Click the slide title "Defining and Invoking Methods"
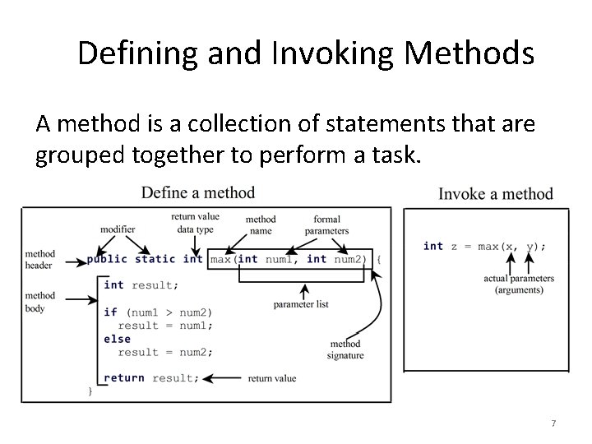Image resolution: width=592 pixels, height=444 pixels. coord(306,54)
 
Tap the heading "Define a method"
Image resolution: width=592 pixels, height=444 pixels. coord(198,192)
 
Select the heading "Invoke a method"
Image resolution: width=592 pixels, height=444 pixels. coord(496,194)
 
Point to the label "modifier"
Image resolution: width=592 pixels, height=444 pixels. coord(118,229)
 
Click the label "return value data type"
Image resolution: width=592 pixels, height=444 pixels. coord(195,223)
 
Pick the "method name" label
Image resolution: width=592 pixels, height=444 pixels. coord(261,225)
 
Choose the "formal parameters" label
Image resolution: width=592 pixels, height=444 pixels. coord(326,225)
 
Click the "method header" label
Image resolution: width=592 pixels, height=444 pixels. coord(40,259)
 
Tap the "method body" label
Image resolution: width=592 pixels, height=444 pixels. coord(40,302)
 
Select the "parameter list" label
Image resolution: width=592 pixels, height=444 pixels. coord(301,304)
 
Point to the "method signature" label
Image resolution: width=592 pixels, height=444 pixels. coord(345,349)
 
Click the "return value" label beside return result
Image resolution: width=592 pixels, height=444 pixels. coord(272,378)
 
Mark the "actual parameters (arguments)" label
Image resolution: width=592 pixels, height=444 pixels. coord(519,284)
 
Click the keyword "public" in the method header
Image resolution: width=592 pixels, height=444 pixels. coord(107,259)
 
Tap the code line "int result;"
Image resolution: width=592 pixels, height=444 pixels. coord(139,284)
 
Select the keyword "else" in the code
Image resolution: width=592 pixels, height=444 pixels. coord(117,339)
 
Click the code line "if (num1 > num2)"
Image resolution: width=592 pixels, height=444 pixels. coord(158,312)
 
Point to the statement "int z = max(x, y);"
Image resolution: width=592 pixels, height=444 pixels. coord(484,245)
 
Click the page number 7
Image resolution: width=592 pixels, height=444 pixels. coord(553,423)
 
